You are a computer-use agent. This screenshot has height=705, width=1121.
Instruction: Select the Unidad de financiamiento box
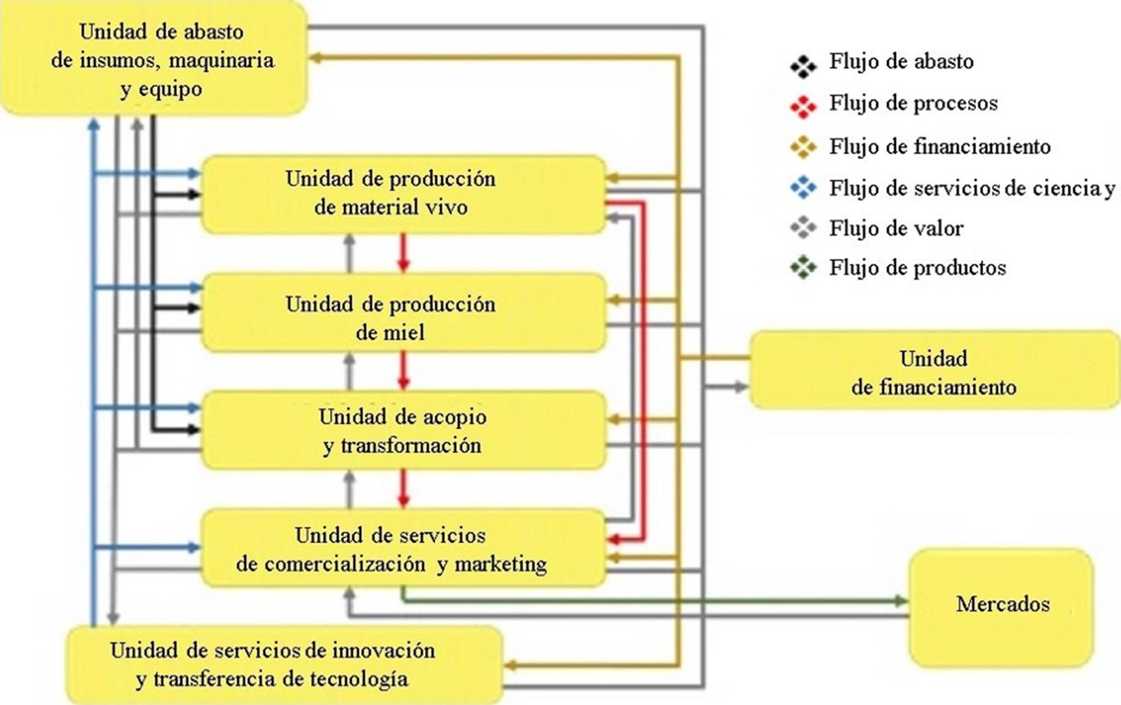[x=934, y=371]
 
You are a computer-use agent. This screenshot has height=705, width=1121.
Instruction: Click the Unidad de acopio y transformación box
[x=404, y=431]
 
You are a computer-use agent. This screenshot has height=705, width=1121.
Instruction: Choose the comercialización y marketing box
[x=404, y=548]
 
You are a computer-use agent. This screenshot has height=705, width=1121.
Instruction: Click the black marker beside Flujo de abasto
[x=803, y=65]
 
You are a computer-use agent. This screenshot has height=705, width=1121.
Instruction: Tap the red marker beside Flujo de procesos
[x=803, y=106]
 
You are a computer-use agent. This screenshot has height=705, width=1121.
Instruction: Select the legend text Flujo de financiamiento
[x=939, y=146]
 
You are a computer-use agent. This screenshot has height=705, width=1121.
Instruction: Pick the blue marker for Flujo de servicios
[x=803, y=187]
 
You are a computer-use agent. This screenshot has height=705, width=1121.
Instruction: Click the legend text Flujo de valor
[x=896, y=228]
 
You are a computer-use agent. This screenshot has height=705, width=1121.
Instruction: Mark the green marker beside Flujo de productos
[x=803, y=267]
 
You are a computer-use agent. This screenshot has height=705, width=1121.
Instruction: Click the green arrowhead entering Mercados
[x=901, y=601]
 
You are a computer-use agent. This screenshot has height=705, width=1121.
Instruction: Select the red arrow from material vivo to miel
[x=404, y=253]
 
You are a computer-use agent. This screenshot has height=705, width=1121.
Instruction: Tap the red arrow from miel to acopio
[x=404, y=371]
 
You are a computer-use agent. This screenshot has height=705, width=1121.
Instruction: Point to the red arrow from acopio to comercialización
[x=404, y=489]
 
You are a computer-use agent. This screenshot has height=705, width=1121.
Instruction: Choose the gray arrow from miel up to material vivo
[x=349, y=252]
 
